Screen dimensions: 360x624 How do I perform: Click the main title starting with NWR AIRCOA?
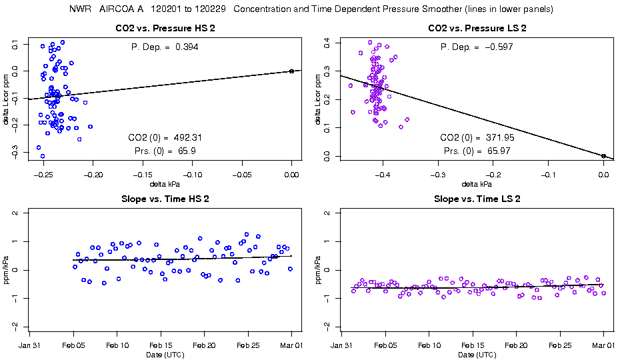[x=311, y=9]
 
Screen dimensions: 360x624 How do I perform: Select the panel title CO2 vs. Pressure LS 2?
[x=477, y=29]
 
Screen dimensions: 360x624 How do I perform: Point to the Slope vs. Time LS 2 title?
[x=477, y=199]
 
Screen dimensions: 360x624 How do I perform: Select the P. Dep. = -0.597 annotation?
[x=477, y=47]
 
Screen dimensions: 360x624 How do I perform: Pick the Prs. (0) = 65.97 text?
[x=477, y=151]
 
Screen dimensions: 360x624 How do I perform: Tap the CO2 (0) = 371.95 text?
[x=477, y=138]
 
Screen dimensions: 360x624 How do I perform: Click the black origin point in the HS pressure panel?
[x=291, y=71]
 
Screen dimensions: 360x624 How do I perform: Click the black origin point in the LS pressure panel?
[x=603, y=156]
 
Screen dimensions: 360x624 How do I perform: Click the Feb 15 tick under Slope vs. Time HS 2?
[x=161, y=345]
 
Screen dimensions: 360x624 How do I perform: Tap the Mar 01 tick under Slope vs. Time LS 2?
[x=603, y=345]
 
